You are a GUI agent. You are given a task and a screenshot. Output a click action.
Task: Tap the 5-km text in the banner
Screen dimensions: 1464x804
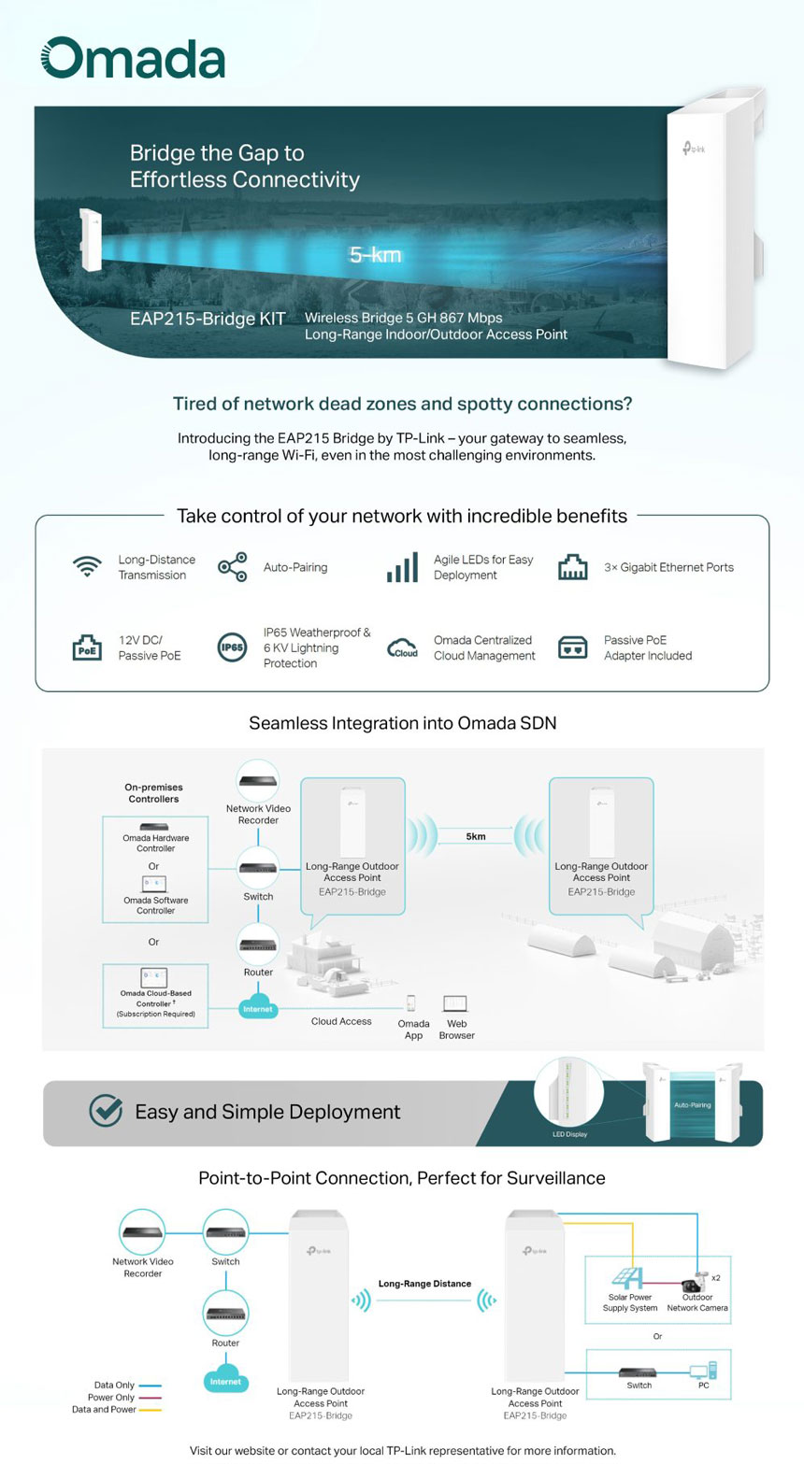coord(375,254)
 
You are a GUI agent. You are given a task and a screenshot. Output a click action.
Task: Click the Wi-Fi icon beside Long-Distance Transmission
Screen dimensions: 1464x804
coord(87,567)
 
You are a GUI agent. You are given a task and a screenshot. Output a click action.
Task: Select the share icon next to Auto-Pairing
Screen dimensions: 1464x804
coord(232,567)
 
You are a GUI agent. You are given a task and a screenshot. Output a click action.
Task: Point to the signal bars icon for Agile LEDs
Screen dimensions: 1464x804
coord(402,567)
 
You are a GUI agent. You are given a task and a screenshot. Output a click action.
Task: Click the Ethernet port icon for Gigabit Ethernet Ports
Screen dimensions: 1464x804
coord(572,567)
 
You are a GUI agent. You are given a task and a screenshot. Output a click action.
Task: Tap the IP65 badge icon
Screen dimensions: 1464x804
coord(232,647)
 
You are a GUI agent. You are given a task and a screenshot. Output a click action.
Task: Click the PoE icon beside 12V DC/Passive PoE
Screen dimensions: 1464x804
coord(87,647)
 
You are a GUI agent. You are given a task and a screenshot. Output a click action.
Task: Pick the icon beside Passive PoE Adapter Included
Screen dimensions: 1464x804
coord(572,647)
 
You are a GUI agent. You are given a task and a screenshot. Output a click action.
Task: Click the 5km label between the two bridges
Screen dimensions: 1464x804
coord(476,836)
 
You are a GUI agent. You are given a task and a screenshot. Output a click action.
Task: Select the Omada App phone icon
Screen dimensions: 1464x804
coord(411,1003)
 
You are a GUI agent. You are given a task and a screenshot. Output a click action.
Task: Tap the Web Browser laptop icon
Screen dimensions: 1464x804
coord(455,1004)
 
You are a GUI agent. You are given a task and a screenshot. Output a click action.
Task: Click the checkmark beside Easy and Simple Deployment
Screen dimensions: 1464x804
coord(106,1112)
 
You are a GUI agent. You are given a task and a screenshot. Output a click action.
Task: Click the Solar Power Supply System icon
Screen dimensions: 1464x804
coord(626,1277)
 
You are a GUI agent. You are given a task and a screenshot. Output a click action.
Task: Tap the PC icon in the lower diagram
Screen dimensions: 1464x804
coord(703,1372)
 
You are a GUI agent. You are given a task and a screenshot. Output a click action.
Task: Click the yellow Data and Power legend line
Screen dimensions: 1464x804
coord(150,1410)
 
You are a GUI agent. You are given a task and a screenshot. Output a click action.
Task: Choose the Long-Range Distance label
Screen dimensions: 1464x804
coord(424,1284)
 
